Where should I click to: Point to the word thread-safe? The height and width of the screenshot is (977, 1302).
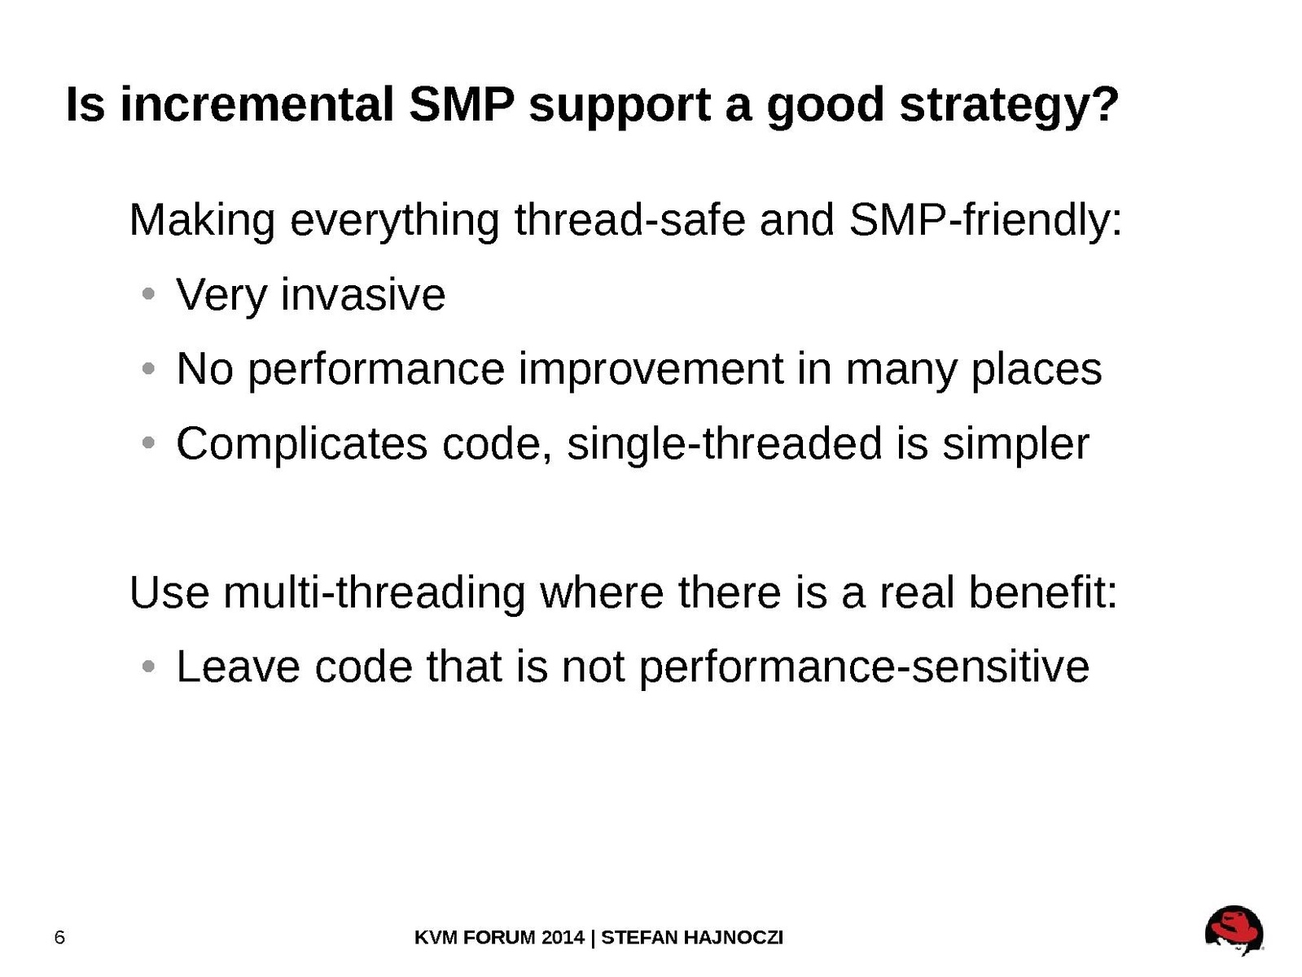click(629, 220)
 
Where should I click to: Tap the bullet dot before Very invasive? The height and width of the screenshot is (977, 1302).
click(148, 294)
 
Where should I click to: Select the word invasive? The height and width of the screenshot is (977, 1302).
click(362, 294)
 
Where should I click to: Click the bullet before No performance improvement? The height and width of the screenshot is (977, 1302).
click(148, 369)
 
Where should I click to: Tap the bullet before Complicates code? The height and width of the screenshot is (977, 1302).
click(148, 442)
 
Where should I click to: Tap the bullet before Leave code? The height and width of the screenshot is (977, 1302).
click(148, 667)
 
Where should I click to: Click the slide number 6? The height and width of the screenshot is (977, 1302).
click(59, 937)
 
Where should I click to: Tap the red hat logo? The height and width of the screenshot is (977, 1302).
click(1234, 930)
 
